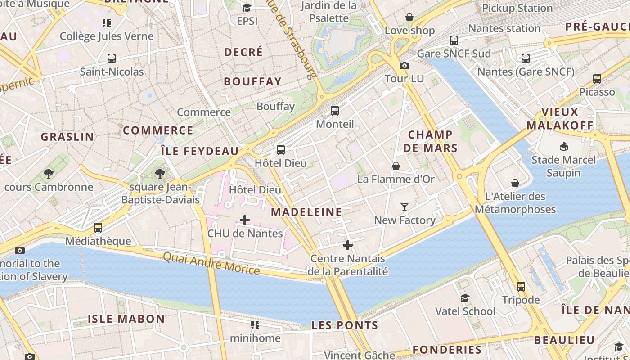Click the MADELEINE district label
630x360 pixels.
pos(306,212)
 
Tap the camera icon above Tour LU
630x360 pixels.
pos(404,66)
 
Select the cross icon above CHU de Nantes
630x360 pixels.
pos(245,220)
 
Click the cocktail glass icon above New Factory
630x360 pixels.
pos(405,207)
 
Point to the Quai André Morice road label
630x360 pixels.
pos(211,263)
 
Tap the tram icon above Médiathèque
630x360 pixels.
pos(98,228)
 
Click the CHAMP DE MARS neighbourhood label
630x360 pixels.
pos(430,141)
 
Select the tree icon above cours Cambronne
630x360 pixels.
pos(49,174)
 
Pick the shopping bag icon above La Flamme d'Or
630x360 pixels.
pos(396,166)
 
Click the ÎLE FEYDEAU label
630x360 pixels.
pos(199,151)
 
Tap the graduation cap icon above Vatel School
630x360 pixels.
pos(465,298)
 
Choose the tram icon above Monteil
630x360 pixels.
pos(334,111)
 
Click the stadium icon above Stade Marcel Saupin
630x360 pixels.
pos(563,147)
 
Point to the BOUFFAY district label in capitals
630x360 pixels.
pos(252,81)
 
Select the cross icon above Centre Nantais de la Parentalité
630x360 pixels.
pos(347,245)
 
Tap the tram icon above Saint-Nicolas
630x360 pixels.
pos(111,58)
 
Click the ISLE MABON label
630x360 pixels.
pos(126,319)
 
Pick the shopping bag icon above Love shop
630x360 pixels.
pos(409,18)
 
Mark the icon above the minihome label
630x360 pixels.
pos(255,325)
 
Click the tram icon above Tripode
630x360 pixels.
pos(521,287)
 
